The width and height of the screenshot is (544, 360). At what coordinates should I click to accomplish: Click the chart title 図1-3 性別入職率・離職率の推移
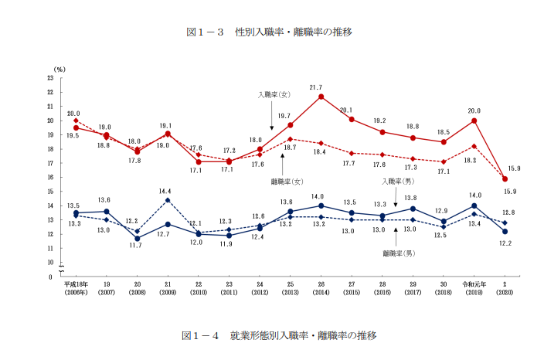[x=271, y=32]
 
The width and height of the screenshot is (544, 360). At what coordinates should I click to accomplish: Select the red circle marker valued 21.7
[x=321, y=97]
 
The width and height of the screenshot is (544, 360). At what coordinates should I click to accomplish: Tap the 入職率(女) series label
[x=274, y=95]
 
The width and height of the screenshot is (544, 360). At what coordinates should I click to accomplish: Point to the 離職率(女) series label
[x=286, y=181]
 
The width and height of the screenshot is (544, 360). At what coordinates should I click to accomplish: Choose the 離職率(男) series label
[x=398, y=253]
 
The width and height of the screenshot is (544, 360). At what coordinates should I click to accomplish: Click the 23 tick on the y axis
[x=50, y=78]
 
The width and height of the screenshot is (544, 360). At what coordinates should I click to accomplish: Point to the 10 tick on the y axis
[x=50, y=263]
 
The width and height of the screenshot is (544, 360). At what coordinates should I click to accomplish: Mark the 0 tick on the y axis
[x=52, y=277]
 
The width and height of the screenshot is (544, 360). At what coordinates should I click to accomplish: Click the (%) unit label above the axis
[x=59, y=70]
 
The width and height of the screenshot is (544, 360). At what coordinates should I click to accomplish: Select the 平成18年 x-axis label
[x=75, y=284]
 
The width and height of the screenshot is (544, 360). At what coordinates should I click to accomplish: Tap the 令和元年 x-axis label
[x=474, y=284]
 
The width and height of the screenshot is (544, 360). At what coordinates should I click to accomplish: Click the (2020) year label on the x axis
[x=505, y=293]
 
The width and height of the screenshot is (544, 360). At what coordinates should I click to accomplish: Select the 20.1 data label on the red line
[x=346, y=110]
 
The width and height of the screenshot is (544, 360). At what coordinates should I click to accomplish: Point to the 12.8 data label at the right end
[x=508, y=212]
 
